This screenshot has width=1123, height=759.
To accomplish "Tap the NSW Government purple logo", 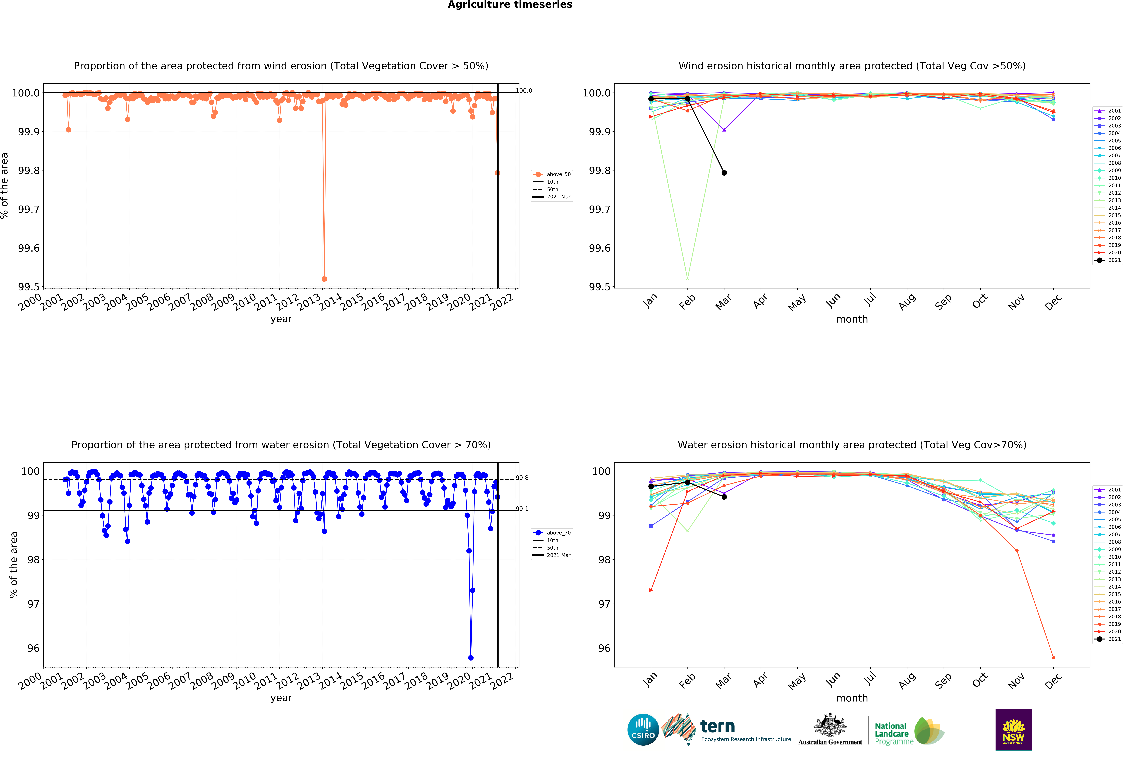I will coord(1013,730).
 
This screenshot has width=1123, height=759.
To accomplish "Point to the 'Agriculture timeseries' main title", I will coord(510,5).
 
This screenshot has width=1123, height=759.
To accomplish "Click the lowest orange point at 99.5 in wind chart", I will coord(324,279).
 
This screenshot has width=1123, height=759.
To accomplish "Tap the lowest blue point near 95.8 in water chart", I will coord(471,658).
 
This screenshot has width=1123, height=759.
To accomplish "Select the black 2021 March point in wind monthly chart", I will coord(724,173).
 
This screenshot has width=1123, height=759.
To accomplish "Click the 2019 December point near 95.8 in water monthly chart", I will coord(1053,658).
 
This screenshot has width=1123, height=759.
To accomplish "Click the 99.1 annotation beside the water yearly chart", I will coord(522,509).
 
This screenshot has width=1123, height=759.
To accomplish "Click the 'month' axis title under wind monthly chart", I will coord(852,319).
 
